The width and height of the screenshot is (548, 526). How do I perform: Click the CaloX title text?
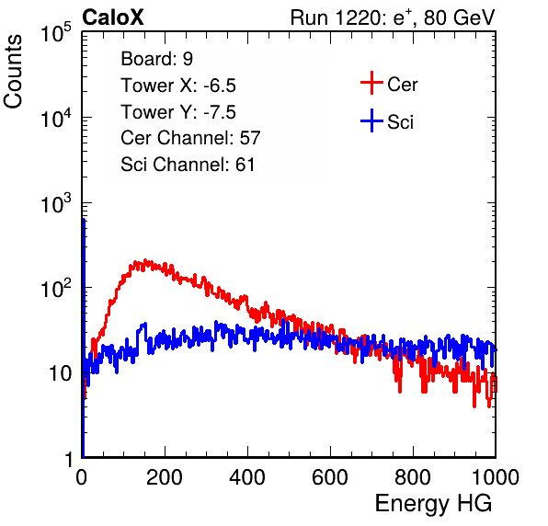pyautogui.click(x=113, y=17)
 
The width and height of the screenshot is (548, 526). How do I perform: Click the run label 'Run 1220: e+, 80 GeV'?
pyautogui.click(x=393, y=17)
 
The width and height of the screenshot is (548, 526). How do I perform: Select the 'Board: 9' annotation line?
pyautogui.click(x=156, y=59)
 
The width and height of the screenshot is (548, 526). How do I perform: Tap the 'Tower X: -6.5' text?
pyautogui.click(x=178, y=86)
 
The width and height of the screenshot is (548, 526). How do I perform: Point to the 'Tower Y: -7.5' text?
pyautogui.click(x=178, y=112)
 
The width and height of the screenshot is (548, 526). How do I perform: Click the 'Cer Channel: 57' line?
pyautogui.click(x=190, y=138)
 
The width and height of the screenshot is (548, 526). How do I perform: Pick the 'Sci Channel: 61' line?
pyautogui.click(x=188, y=165)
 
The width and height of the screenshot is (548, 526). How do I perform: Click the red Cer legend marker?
pyautogui.click(x=371, y=83)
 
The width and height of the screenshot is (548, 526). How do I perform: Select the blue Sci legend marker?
pyautogui.click(x=371, y=121)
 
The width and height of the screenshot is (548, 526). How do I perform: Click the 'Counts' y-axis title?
pyautogui.click(x=13, y=72)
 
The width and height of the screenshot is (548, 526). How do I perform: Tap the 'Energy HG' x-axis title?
pyautogui.click(x=433, y=504)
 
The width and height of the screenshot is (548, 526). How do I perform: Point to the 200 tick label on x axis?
pyautogui.click(x=165, y=477)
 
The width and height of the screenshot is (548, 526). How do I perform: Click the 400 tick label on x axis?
pyautogui.click(x=247, y=477)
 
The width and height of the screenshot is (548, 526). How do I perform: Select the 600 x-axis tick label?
pyautogui.click(x=330, y=477)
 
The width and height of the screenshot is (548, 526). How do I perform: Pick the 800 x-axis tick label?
pyautogui.click(x=413, y=477)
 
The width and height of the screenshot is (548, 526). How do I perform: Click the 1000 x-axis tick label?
pyautogui.click(x=496, y=477)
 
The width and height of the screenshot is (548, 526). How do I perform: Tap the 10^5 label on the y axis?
pyautogui.click(x=56, y=33)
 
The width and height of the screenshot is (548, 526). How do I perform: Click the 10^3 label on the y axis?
pyautogui.click(x=56, y=203)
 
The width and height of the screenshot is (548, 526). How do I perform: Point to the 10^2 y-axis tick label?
pyautogui.click(x=56, y=289)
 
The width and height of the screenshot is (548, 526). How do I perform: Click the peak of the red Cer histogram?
pyautogui.click(x=145, y=260)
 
